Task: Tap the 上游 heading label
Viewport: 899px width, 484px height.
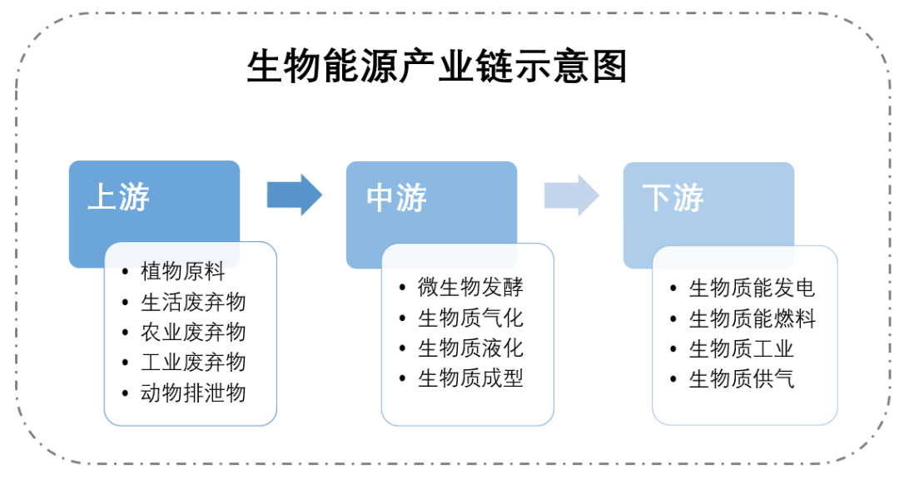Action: [x=118, y=198]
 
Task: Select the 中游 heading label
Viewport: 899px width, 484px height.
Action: [x=395, y=198]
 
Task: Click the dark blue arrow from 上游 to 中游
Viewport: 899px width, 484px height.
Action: [x=294, y=195]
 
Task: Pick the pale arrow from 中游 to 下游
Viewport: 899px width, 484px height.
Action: [x=571, y=195]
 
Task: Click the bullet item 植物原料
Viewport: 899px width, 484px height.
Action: [x=182, y=271]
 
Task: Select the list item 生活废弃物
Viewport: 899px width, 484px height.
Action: [x=193, y=302]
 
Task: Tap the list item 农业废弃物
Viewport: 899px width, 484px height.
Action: [x=193, y=332]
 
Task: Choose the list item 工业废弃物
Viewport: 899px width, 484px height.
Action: [x=193, y=362]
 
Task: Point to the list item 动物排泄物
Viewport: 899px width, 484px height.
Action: [x=193, y=393]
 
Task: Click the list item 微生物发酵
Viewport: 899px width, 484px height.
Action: [x=470, y=288]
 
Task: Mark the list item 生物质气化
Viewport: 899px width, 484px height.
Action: [x=470, y=318]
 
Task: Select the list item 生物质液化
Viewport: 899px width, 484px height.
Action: [x=470, y=348]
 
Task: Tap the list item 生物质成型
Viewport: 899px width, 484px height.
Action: [x=470, y=378]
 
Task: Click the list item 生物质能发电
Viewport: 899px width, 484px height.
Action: [x=752, y=289]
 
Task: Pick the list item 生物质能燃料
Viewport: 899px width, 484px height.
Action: [x=752, y=319]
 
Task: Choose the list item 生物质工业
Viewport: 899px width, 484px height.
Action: [x=741, y=349]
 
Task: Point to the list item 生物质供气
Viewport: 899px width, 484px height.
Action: [x=741, y=379]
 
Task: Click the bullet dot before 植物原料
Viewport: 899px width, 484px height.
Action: [x=125, y=272]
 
